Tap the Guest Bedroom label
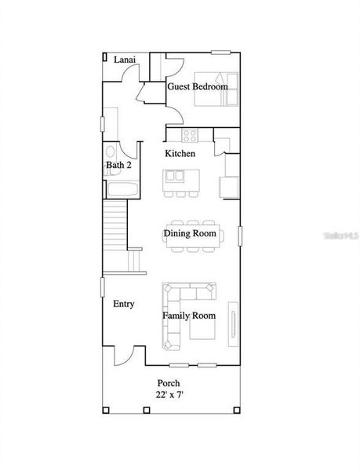click(x=197, y=86)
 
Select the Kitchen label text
click(x=180, y=153)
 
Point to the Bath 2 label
click(x=118, y=166)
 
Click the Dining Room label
click(x=189, y=233)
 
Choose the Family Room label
click(x=188, y=316)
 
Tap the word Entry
click(x=123, y=304)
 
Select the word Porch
click(x=168, y=383)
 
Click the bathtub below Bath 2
click(x=122, y=189)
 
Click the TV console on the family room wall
click(x=232, y=323)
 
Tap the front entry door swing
click(x=123, y=356)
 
